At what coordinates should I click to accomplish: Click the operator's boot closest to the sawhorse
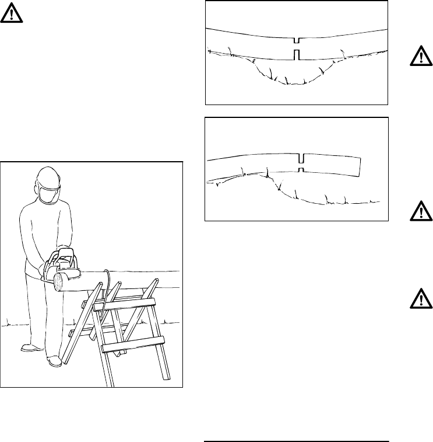(x=54, y=360)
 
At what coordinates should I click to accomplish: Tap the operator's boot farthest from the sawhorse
(x=29, y=348)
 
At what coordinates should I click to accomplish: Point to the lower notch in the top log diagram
(x=297, y=55)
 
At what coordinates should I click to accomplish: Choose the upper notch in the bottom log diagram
(x=301, y=159)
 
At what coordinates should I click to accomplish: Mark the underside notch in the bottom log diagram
(x=301, y=169)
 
